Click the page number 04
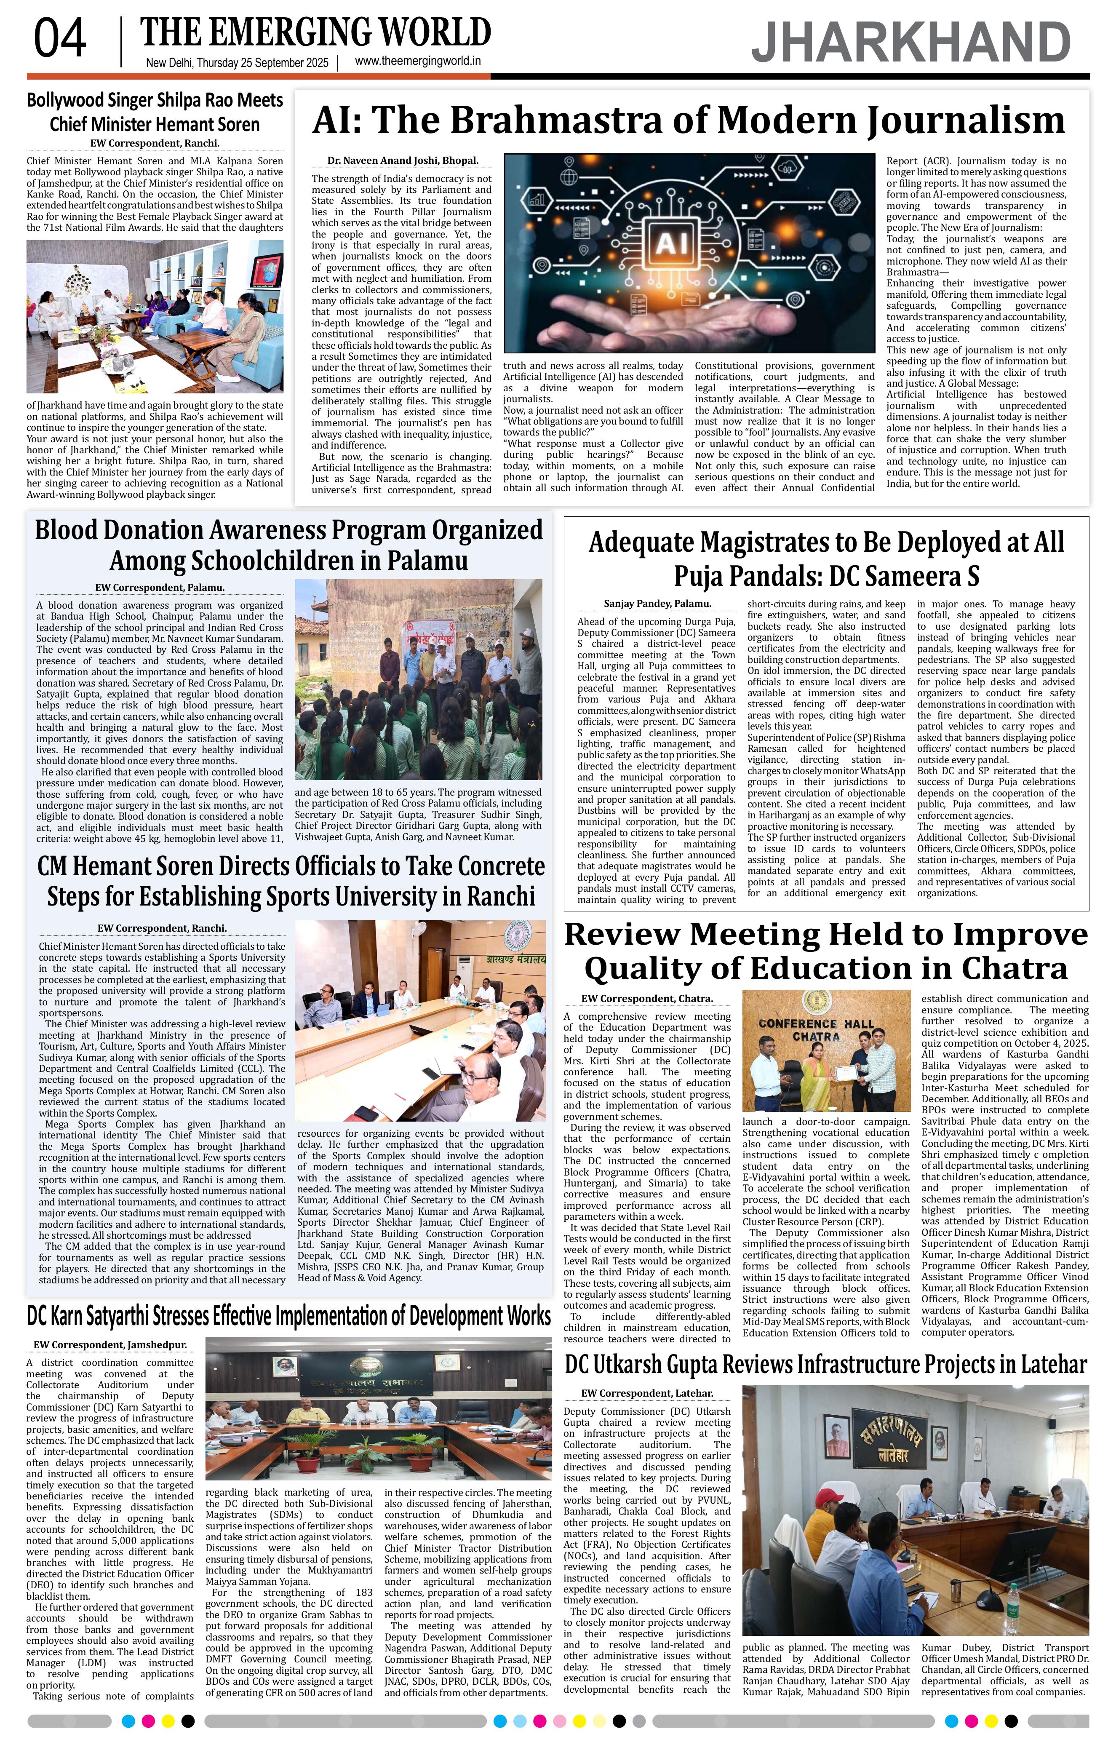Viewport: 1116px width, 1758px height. (x=60, y=40)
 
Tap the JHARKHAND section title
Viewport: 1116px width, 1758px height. (x=911, y=43)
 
